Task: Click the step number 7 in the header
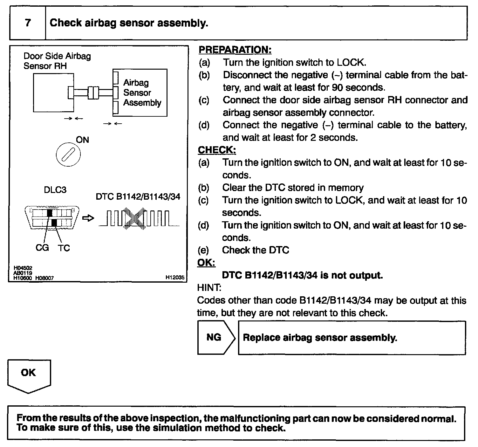28,23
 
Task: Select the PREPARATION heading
235,50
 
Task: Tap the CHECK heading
217,150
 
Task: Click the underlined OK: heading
206,263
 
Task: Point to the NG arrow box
215,337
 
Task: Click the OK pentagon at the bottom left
29,375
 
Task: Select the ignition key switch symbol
68,155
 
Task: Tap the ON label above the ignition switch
82,140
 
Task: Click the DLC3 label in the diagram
55,190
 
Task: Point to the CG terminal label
42,248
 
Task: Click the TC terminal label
64,248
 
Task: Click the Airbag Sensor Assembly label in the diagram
142,93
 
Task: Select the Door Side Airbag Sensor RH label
57,61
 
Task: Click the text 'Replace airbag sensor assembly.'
320,338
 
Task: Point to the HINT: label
209,288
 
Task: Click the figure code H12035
175,277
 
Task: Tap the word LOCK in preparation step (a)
351,62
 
